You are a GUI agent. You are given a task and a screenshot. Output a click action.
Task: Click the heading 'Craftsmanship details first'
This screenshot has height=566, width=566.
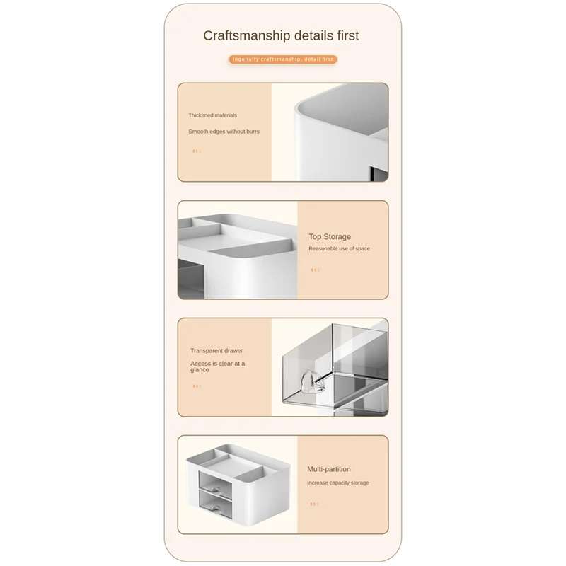click(x=281, y=35)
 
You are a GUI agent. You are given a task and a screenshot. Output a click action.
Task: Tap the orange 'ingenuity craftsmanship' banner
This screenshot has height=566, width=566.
click(x=282, y=59)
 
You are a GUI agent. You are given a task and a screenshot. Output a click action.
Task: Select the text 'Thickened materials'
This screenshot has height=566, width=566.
click(x=212, y=115)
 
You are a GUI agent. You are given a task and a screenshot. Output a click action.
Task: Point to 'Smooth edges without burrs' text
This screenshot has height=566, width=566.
click(x=224, y=132)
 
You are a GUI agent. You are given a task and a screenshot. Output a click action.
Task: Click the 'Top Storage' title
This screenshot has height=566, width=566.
click(x=329, y=237)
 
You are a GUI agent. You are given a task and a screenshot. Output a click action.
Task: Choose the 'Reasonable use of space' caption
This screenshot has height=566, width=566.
click(x=339, y=249)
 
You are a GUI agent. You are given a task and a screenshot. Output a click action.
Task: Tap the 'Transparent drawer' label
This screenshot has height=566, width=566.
click(x=216, y=350)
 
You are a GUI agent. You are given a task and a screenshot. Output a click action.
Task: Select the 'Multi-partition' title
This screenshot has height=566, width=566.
click(x=328, y=469)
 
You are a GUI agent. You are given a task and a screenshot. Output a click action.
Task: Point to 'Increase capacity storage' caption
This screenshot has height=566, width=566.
click(x=337, y=483)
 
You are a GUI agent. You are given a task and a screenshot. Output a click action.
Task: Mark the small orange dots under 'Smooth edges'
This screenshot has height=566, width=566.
click(x=197, y=151)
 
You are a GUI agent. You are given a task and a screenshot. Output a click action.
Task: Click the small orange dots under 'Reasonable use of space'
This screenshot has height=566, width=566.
click(x=315, y=270)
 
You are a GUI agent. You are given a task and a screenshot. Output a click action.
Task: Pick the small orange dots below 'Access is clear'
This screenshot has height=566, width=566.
click(x=197, y=386)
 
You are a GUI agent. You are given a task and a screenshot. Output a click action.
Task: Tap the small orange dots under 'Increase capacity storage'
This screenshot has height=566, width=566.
click(x=314, y=504)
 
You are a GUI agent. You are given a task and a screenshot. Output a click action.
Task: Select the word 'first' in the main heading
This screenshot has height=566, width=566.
click(x=346, y=35)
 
